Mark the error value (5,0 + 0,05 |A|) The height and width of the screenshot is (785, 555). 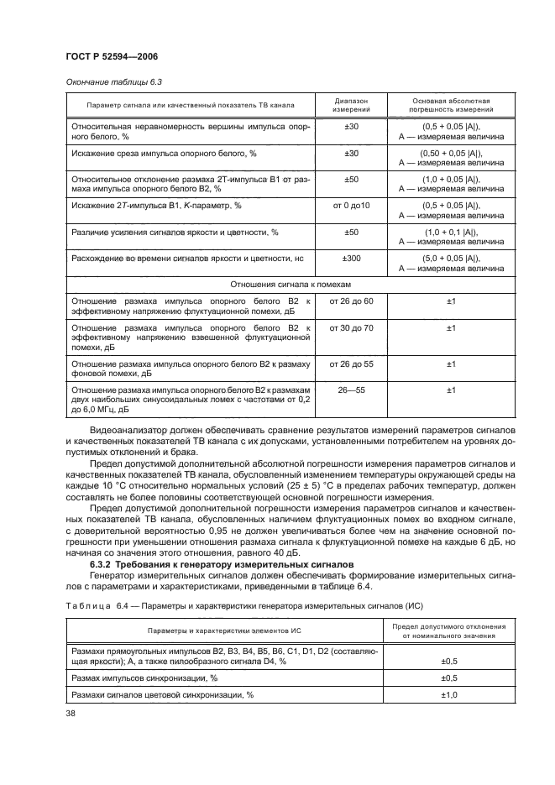(x=451, y=258)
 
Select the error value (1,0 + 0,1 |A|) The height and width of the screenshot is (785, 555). (x=451, y=231)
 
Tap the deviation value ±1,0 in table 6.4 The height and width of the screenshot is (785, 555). (x=449, y=695)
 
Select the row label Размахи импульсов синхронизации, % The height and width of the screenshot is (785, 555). (x=144, y=678)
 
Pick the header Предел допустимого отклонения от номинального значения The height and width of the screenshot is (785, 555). (x=449, y=631)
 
